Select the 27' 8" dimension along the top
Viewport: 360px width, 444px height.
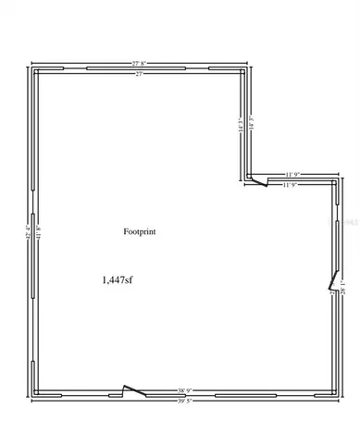(141, 62)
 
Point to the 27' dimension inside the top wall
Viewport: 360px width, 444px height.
(140, 74)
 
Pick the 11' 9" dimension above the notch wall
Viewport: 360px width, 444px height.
(295, 173)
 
